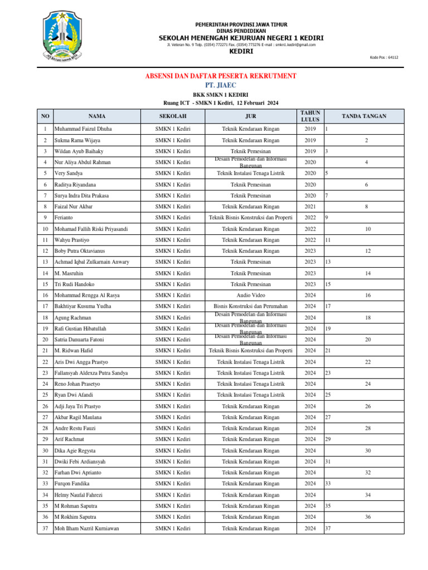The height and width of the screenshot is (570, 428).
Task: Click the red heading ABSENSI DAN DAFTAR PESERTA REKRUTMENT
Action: (221, 76)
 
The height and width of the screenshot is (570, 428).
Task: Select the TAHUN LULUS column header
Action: (310, 116)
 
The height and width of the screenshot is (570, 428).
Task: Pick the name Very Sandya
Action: (69, 173)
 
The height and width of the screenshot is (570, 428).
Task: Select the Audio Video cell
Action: (251, 295)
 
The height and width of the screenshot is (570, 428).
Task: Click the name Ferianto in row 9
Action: (65, 218)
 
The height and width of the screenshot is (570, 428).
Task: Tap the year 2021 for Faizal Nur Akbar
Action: (310, 207)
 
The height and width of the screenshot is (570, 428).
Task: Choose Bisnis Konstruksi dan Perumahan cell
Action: (251, 306)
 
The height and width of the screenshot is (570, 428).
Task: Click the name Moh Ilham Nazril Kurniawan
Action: (86, 528)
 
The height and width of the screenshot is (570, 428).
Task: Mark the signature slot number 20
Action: (367, 340)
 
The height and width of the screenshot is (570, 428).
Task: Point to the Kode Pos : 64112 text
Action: (385, 57)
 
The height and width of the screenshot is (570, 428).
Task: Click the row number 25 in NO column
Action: (45, 395)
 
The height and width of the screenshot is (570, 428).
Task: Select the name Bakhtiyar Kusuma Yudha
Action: (82, 306)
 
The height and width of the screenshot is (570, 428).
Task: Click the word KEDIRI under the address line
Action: (241, 51)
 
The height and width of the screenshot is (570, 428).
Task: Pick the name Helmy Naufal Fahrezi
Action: (79, 495)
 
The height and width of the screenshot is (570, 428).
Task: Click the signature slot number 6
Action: (367, 184)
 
